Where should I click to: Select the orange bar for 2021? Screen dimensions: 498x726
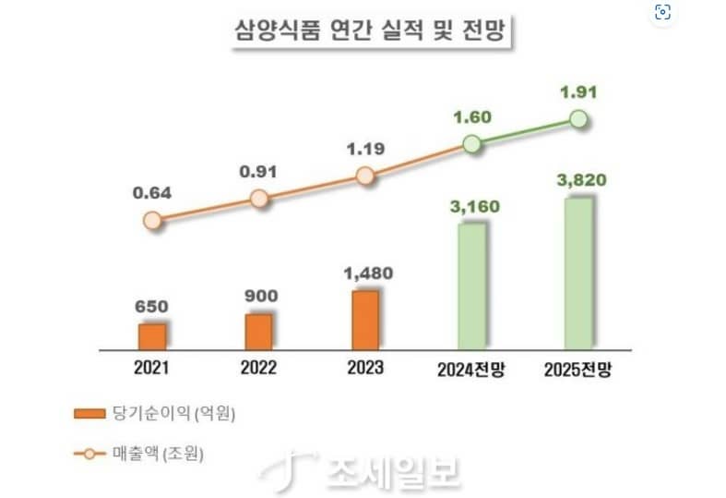coord(152,336)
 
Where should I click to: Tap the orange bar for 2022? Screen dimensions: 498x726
coord(259,331)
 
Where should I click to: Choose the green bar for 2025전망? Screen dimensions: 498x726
coord(578,274)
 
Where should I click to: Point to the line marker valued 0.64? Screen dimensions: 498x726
coord(153,220)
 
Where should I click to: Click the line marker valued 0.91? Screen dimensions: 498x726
coord(259,198)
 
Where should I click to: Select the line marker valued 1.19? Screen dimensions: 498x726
coord(365,176)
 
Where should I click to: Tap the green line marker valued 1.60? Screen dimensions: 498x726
coord(471,144)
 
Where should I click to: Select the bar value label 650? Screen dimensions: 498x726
coord(153,306)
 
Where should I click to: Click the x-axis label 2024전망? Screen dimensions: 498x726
coord(472,369)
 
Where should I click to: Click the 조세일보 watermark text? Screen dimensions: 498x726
coord(392,471)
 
